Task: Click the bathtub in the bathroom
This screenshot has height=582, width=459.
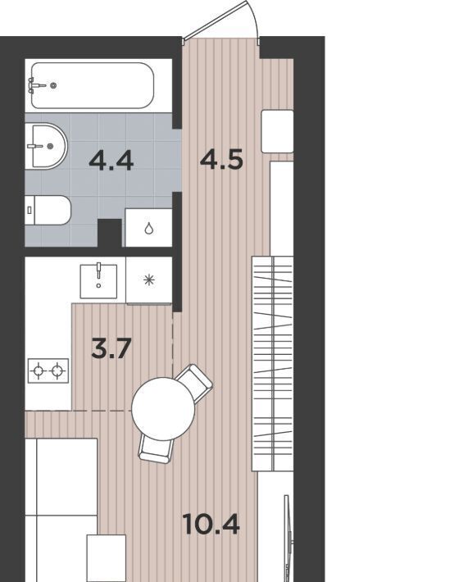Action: pyautogui.click(x=93, y=85)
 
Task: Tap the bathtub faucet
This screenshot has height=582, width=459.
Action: pyautogui.click(x=36, y=85)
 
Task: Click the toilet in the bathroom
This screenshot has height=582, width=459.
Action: pyautogui.click(x=48, y=210)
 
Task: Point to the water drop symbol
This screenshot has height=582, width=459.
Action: pyautogui.click(x=149, y=228)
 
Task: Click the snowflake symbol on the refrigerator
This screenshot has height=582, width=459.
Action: pyautogui.click(x=149, y=280)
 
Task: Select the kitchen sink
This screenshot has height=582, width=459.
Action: pyautogui.click(x=98, y=281)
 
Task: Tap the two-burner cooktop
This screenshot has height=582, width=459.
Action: pyautogui.click(x=48, y=371)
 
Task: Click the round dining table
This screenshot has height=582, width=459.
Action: pyautogui.click(x=163, y=409)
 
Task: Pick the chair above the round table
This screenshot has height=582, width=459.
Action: pyautogui.click(x=194, y=382)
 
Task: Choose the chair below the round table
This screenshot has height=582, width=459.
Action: pyautogui.click(x=156, y=448)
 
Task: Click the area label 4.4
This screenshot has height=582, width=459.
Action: pyautogui.click(x=111, y=161)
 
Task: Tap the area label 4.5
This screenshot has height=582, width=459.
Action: pyautogui.click(x=221, y=160)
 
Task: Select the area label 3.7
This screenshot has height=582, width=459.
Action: pyautogui.click(x=111, y=349)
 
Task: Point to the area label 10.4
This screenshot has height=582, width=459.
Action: pyautogui.click(x=211, y=525)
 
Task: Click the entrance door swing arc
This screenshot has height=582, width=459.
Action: pyautogui.click(x=254, y=19)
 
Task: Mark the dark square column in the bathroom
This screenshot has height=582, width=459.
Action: pyautogui.click(x=110, y=233)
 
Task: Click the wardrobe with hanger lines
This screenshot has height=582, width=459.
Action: pyautogui.click(x=273, y=363)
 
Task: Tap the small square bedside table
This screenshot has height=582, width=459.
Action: pyautogui.click(x=106, y=558)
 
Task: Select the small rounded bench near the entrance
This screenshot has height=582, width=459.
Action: pyautogui.click(x=277, y=131)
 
